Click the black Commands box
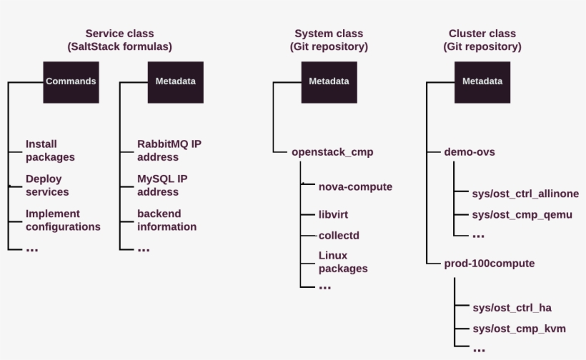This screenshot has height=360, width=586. point(71,81)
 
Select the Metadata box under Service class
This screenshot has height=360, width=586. point(175,81)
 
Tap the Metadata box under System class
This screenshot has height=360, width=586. point(329,81)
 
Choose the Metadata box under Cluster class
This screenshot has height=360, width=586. point(482,81)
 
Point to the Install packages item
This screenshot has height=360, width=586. point(50,151)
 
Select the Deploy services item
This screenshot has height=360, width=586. point(47,186)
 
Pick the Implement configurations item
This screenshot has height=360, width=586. point(63,220)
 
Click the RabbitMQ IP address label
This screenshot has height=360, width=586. point(169,151)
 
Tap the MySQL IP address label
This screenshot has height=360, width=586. point(167,186)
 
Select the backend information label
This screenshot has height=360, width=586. point(167,220)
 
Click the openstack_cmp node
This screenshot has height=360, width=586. point(332,152)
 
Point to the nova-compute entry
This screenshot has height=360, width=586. point(355,186)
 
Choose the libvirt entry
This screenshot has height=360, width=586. point(333,214)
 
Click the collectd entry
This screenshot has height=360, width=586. point(337,235)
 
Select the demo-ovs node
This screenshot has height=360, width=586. point(470,152)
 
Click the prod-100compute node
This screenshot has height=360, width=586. point(490,264)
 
